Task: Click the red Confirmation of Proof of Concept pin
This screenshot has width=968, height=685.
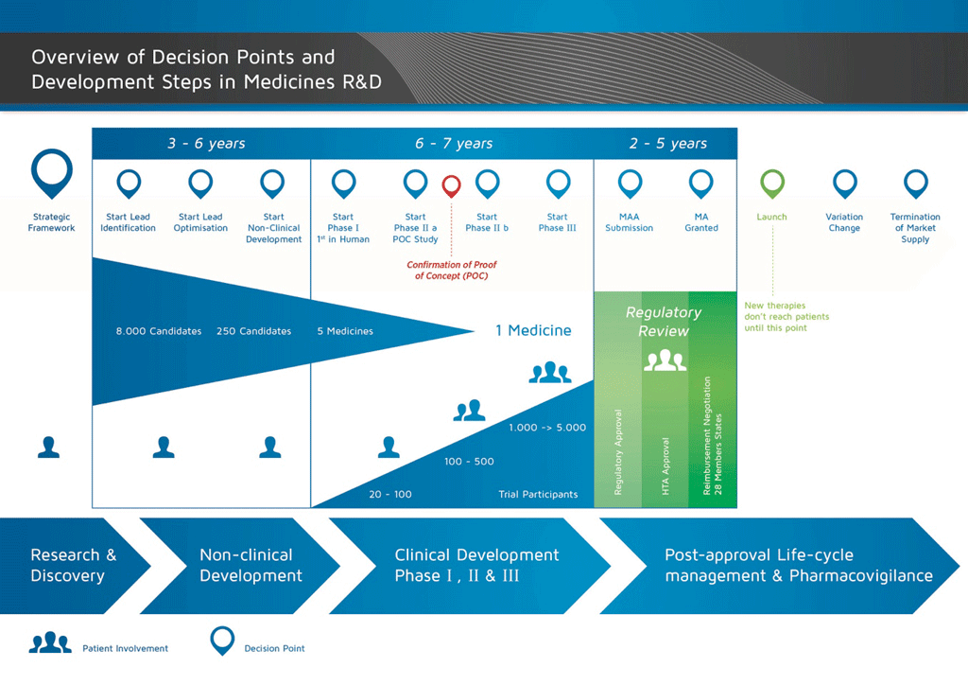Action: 452,185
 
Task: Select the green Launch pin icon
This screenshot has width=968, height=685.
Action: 772,183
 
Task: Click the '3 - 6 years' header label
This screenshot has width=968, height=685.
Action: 206,144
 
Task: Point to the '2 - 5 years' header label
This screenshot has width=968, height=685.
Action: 667,144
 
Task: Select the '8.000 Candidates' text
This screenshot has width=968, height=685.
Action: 159,331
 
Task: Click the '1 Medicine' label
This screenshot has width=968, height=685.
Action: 533,330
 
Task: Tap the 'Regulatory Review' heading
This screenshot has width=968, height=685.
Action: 664,322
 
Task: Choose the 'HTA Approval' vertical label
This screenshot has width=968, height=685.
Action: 666,466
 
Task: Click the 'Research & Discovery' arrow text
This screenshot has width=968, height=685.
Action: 73,565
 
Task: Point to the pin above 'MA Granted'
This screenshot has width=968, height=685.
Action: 700,183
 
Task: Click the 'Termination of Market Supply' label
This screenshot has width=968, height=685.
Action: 915,228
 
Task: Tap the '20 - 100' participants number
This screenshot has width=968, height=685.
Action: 390,494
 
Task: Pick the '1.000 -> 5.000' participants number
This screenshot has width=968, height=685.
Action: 547,428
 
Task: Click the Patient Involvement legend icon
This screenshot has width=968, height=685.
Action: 50,643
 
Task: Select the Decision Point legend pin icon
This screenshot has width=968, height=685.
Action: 222,641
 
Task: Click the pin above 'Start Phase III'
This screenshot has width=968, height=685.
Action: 558,183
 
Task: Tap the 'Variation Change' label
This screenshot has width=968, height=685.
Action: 844,222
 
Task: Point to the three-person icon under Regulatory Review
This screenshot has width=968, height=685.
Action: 665,360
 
